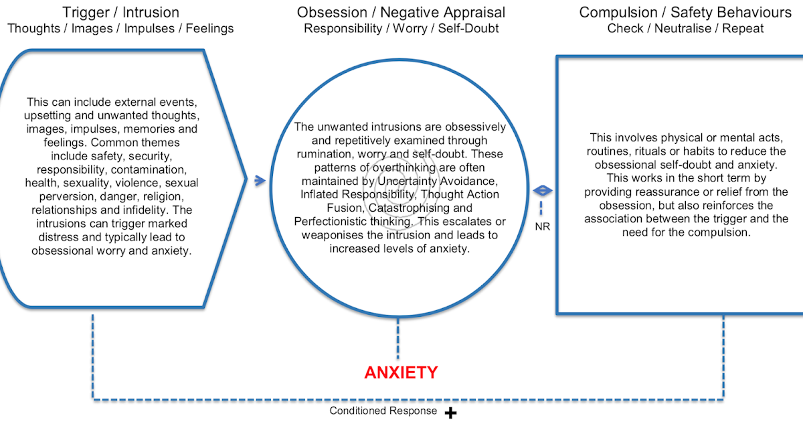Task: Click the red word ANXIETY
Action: tap(401, 372)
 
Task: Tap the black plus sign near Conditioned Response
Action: tap(451, 413)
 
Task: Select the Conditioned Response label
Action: tap(383, 411)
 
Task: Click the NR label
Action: tap(542, 226)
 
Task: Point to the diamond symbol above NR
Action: tap(542, 192)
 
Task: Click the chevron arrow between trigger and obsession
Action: tap(259, 180)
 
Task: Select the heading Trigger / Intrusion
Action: tap(120, 12)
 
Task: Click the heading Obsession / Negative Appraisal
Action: tap(401, 12)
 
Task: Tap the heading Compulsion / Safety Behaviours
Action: tap(685, 12)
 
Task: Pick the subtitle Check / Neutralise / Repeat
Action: tap(685, 29)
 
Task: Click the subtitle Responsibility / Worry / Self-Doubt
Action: tap(401, 29)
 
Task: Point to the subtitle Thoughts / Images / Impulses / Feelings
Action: tap(120, 29)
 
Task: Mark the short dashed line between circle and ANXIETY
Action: tap(399, 339)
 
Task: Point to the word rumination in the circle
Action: tap(322, 154)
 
